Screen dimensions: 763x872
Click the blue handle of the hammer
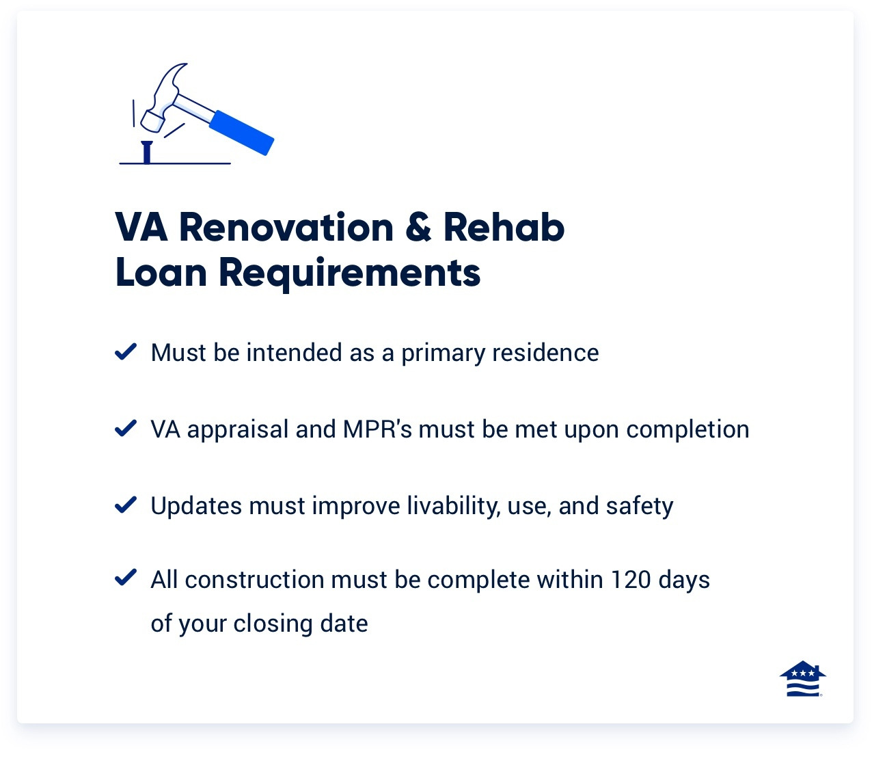242,133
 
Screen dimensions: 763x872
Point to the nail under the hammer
146,152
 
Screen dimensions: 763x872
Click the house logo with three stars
802,679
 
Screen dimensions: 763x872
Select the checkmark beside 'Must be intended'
126,351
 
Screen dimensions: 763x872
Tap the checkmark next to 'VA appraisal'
126,428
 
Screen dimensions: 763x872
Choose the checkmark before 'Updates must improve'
126,505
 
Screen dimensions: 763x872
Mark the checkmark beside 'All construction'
126,578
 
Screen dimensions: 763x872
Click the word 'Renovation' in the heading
286,227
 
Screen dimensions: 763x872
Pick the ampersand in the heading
418,227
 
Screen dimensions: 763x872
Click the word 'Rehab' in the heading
504,227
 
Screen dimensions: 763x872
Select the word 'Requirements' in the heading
349,273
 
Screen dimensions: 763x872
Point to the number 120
630,580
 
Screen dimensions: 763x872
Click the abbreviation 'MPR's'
377,429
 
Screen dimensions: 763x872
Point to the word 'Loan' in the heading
161,273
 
